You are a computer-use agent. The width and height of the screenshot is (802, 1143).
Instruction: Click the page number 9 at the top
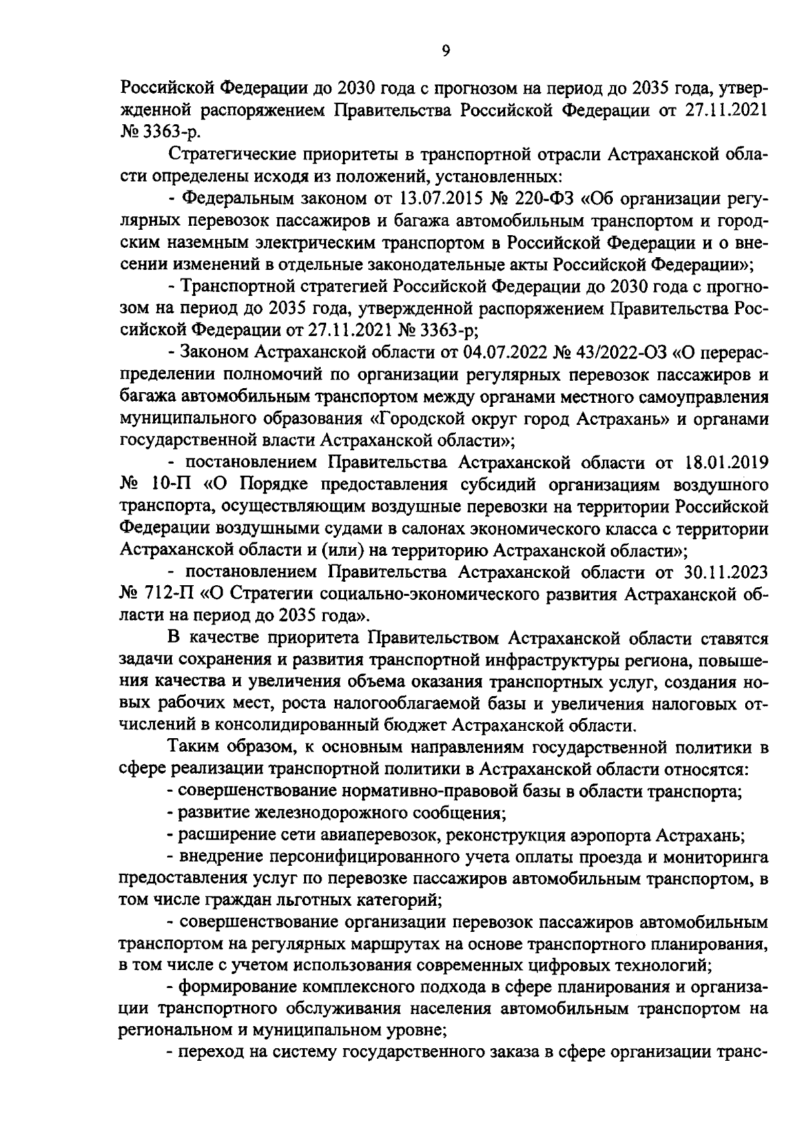(445, 52)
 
